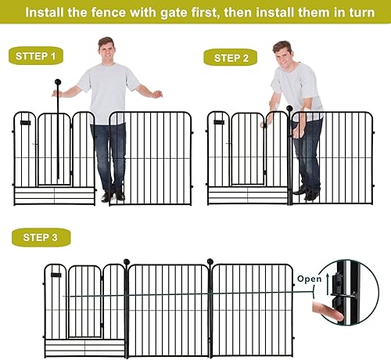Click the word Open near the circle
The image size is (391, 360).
(x=307, y=278)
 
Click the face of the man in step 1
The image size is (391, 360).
(x=106, y=51)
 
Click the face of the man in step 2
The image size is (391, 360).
(x=282, y=56)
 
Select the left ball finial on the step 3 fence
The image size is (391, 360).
(x=127, y=261)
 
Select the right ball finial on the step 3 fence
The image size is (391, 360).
(x=210, y=261)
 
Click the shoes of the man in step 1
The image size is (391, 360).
(x=112, y=196)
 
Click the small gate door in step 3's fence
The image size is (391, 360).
(x=85, y=301)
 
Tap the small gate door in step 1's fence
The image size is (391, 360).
(x=53, y=149)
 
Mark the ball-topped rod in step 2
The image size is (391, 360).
(x=289, y=149)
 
